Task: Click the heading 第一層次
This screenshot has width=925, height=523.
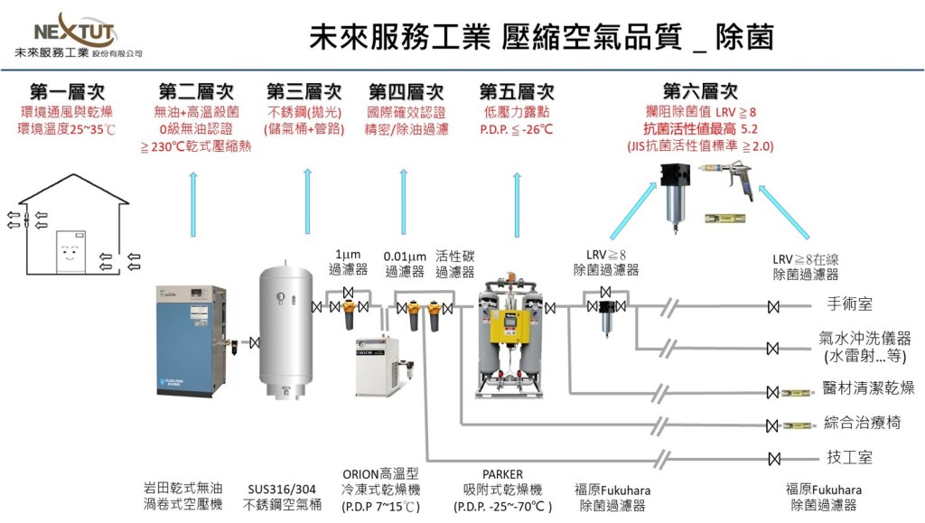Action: (67, 92)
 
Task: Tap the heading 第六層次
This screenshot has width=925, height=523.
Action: (700, 92)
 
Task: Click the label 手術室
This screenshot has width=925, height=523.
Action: (850, 304)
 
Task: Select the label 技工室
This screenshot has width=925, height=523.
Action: (850, 457)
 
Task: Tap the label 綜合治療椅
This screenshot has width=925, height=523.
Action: (862, 423)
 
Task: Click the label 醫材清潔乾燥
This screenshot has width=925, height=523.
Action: (868, 389)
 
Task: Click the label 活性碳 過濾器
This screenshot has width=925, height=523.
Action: (454, 264)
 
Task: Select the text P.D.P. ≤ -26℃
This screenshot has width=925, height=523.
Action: (517, 130)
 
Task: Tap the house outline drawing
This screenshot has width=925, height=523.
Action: (73, 236)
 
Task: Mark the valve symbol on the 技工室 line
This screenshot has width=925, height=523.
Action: (772, 457)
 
